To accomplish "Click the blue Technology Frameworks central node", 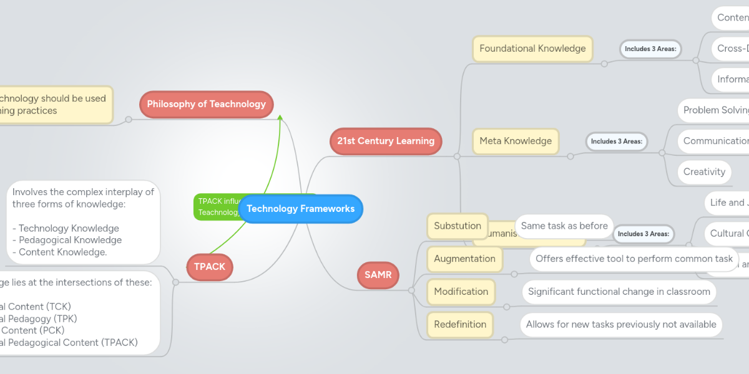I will pos(300,209).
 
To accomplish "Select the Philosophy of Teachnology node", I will pos(206,104).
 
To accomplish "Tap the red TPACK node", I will pos(210,267).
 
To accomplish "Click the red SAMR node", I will pos(378,275).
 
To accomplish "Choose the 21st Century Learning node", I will pos(386,141).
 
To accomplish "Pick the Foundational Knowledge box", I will pos(532,49).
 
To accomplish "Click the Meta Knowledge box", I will pos(516,141).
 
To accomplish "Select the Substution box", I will pos(458,226).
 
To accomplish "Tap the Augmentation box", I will pos(464,259).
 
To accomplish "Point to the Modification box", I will pos(461,292).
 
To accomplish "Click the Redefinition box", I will pos(460,325).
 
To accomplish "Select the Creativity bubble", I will pos(704,172).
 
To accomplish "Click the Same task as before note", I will pos(564,226).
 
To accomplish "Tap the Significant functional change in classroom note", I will pos(619,292).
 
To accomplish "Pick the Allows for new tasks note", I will pos(621,325).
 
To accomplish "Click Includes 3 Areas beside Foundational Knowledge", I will pos(650,49).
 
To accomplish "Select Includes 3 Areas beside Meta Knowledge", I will pos(616,141).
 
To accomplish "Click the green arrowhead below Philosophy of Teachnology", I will pos(281,118).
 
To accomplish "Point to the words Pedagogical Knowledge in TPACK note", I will pos(70,240).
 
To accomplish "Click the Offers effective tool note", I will pos(634,259).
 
